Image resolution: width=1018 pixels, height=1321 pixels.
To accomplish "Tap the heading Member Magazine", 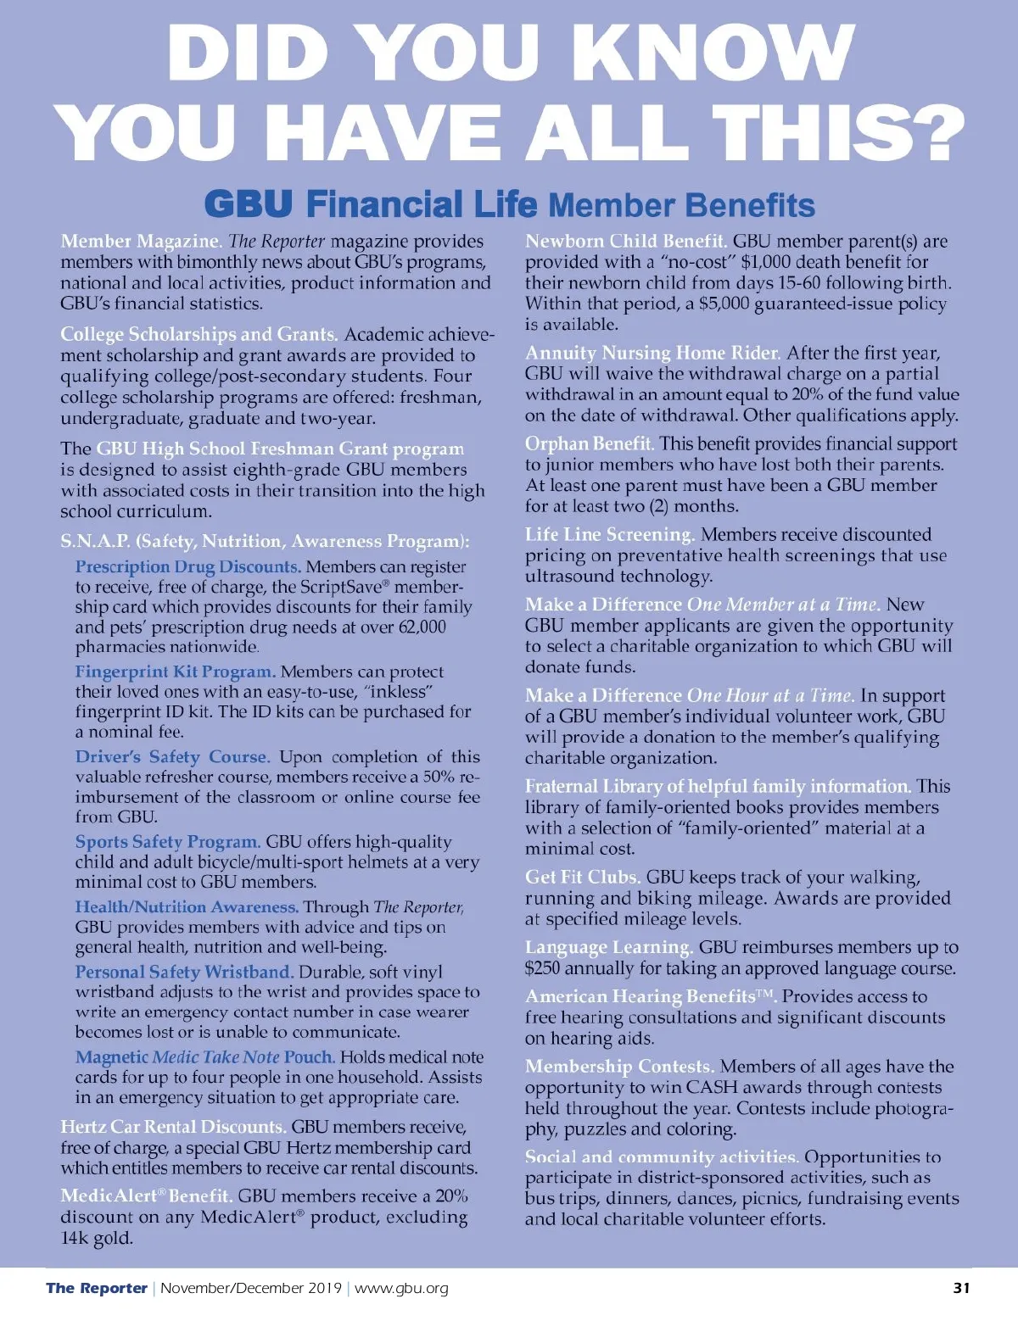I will point(141,242).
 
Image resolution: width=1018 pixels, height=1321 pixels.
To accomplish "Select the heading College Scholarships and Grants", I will point(199,334).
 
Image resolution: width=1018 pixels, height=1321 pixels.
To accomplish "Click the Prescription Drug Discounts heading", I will point(187,566).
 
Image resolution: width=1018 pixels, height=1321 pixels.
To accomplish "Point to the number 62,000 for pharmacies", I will point(422,627).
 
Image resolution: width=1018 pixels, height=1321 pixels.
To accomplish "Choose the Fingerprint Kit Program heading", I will point(175,672).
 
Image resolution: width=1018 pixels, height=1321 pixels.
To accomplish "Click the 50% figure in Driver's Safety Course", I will point(439,777).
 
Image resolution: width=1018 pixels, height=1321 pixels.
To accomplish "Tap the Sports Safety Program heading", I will point(167,842).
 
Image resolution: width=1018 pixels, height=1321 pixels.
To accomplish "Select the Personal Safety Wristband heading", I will point(184,972).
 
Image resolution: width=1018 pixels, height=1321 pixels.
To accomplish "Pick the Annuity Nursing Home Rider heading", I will point(652,353).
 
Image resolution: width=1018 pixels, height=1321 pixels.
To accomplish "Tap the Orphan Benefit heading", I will point(589,443).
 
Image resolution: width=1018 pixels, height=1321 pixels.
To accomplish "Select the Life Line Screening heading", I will point(610,534).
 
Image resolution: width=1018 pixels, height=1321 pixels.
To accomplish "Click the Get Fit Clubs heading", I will point(582,877).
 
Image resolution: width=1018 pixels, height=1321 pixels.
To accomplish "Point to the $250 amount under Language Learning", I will point(542,968).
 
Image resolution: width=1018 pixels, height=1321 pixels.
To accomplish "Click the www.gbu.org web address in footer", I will point(401,1288).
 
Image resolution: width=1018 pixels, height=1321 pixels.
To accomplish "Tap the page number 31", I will point(961,1287).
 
